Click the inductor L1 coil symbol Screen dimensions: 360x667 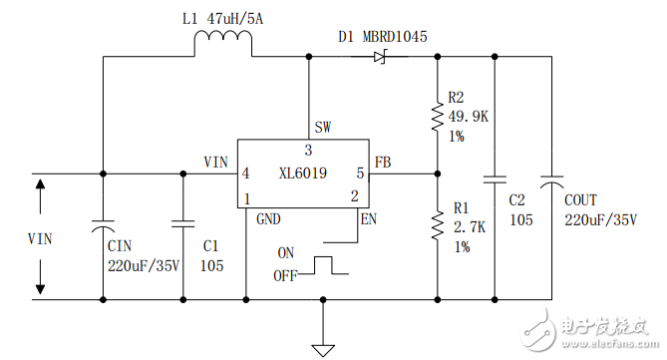pyautogui.click(x=221, y=45)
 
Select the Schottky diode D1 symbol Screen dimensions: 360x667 pyautogui.click(x=379, y=57)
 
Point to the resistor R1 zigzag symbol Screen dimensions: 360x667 pyautogui.click(x=437, y=224)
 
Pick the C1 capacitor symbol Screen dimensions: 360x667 pyautogui.click(x=182, y=224)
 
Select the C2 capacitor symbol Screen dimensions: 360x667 pyautogui.click(x=494, y=181)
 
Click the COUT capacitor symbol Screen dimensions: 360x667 pyautogui.click(x=550, y=181)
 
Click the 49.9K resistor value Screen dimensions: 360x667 pyautogui.click(x=470, y=116)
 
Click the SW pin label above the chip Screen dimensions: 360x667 pyautogui.click(x=323, y=127)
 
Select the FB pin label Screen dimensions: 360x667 pyautogui.click(x=382, y=162)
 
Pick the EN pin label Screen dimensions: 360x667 pyautogui.click(x=369, y=218)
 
